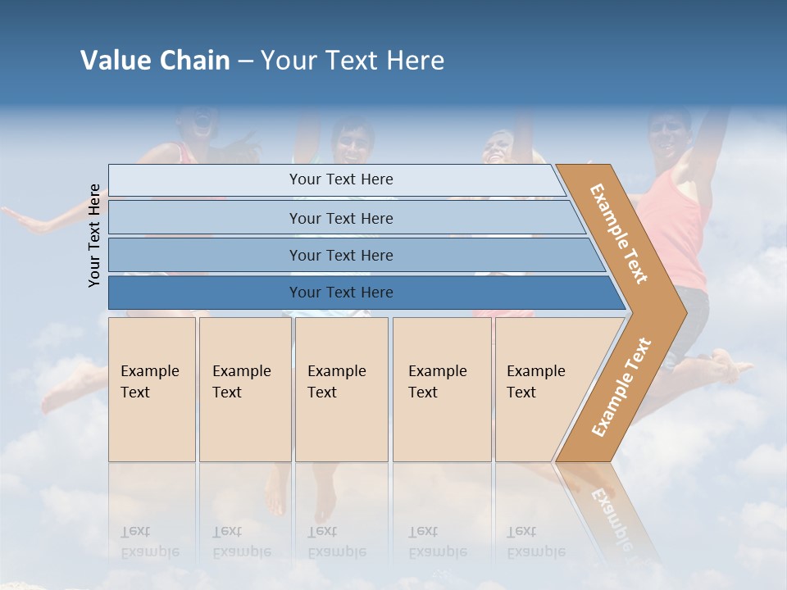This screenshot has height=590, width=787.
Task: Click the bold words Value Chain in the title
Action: [155, 61]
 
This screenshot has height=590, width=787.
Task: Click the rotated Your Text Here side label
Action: [94, 235]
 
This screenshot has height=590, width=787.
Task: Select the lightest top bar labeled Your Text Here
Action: [340, 179]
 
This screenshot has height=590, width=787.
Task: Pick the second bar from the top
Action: [340, 218]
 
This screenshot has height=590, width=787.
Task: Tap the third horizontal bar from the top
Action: [340, 255]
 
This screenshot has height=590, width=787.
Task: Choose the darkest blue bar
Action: [340, 293]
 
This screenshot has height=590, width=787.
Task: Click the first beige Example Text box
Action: [152, 389]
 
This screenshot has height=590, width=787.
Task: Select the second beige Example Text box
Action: [244, 389]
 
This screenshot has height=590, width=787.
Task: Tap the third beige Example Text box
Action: [341, 389]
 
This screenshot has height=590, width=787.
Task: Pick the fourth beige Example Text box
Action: [442, 389]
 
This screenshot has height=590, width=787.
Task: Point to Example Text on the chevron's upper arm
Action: [619, 234]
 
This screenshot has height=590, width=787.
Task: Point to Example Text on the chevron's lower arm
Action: [621, 387]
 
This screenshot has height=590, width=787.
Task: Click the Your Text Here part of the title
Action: [353, 61]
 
